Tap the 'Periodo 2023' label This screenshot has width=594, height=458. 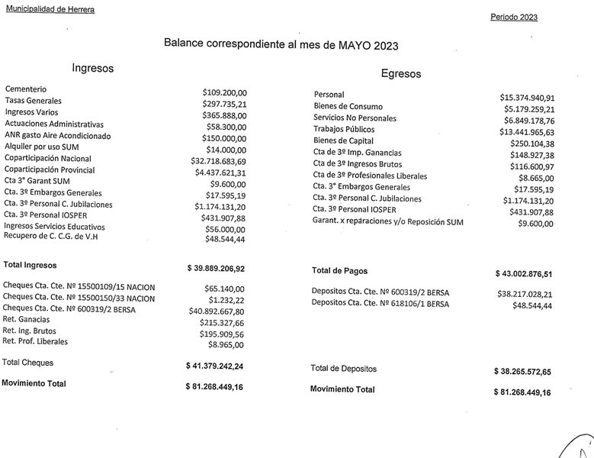coord(514,17)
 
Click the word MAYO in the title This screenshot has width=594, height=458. coord(350,44)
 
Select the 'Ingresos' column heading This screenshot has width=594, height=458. coord(92,68)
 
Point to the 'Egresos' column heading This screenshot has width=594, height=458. coord(400,74)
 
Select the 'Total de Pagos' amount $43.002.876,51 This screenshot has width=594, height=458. coord(522,273)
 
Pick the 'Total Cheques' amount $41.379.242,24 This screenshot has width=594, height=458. coord(216,366)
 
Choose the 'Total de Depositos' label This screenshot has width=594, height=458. coord(343,369)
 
